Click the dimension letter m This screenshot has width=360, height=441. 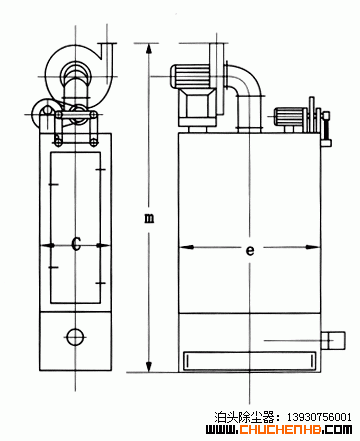[x=149, y=218]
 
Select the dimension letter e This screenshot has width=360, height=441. [x=250, y=250]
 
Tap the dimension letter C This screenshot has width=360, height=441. [x=76, y=244]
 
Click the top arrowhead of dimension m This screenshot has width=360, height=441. [x=149, y=49]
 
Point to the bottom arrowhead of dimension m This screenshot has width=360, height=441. [x=149, y=367]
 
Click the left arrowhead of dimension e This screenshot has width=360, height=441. [x=186, y=247]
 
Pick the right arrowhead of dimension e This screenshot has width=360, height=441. [x=313, y=247]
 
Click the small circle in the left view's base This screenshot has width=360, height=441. [x=75, y=337]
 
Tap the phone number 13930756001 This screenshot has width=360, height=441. [x=319, y=417]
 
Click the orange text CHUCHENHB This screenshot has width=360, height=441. [x=281, y=429]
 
